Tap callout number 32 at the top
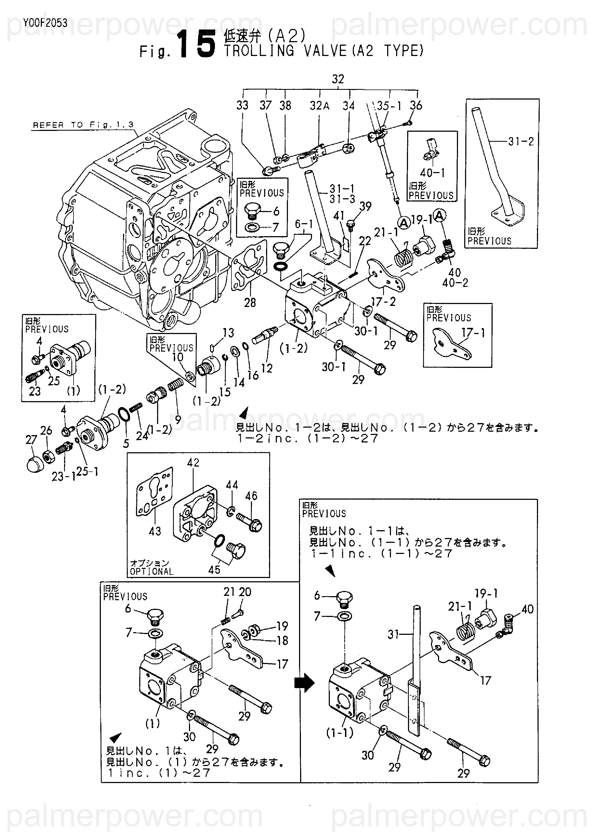pos(338,79)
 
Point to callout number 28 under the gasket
pos(250,303)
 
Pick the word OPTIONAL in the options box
pos(151,572)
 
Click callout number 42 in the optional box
pos(193,463)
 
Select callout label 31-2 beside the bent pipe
pos(521,141)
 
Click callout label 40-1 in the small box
pos(432,173)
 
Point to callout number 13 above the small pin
pos(228,333)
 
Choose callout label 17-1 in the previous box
pos(473,333)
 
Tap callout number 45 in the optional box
pos(214,569)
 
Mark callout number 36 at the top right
pos(416,105)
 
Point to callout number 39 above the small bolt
pos(365,207)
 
